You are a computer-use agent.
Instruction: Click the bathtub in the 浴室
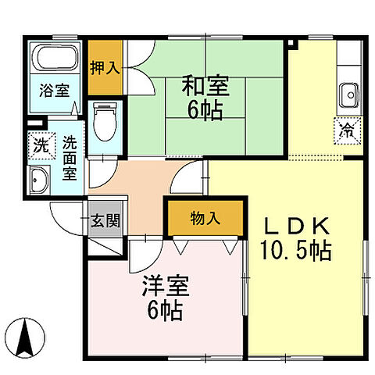(54, 60)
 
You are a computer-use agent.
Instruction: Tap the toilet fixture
(103, 121)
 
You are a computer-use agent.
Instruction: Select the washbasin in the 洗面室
(37, 180)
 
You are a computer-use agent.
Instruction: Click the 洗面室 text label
(70, 157)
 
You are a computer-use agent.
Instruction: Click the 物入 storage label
(205, 219)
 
